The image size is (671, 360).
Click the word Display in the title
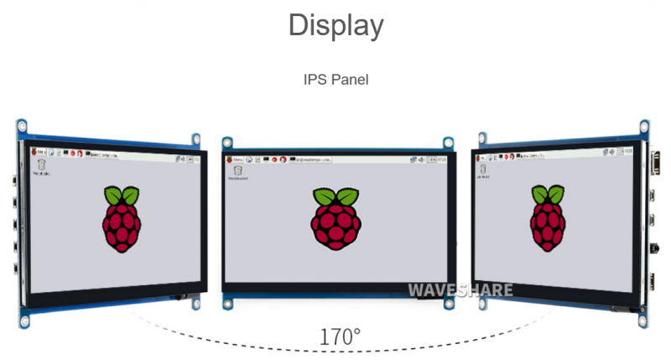(x=335, y=24)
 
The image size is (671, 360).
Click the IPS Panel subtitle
(x=335, y=80)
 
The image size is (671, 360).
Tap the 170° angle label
(x=340, y=337)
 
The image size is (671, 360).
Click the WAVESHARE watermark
(x=460, y=290)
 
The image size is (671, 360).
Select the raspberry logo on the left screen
(x=122, y=220)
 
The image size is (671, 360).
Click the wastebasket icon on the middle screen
(x=239, y=170)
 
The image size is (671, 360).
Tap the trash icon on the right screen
(x=483, y=167)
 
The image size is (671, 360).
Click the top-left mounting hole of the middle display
(x=226, y=143)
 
